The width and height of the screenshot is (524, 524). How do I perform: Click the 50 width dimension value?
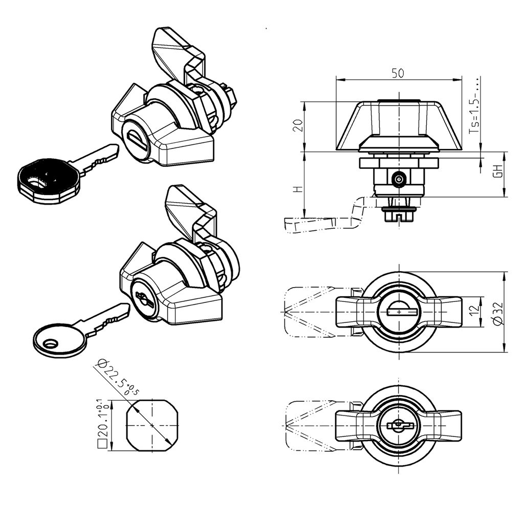coord(398,73)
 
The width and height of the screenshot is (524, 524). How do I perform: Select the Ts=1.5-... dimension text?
coord(475,105)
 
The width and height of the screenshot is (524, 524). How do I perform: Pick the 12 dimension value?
coord(474,310)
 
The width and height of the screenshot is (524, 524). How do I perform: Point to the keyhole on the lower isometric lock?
coord(143,299)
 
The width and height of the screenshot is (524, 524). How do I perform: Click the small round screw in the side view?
coord(399,179)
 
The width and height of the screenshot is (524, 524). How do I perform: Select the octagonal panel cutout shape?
coord(152,425)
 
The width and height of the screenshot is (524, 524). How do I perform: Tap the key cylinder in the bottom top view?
coord(399,425)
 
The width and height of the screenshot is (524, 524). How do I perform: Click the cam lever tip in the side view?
coord(297,225)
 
